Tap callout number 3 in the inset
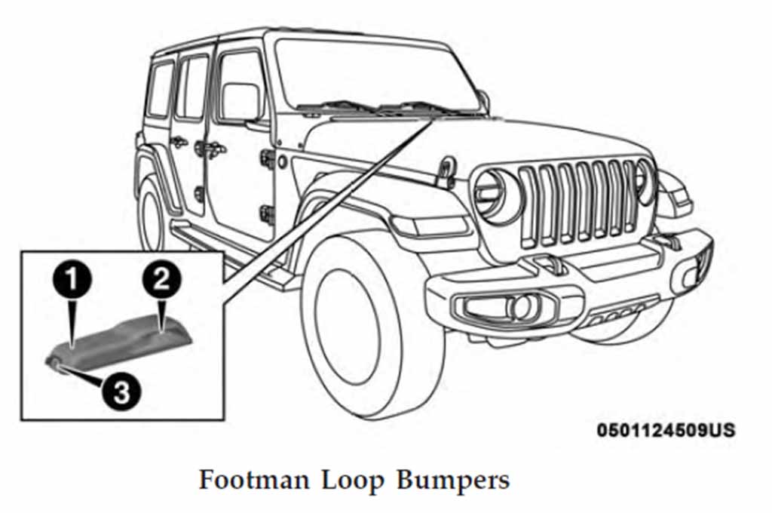[x=121, y=391]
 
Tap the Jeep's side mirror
[x=240, y=103]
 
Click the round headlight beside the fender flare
[x=498, y=195]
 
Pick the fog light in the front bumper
[x=519, y=306]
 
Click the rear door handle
[x=179, y=141]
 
